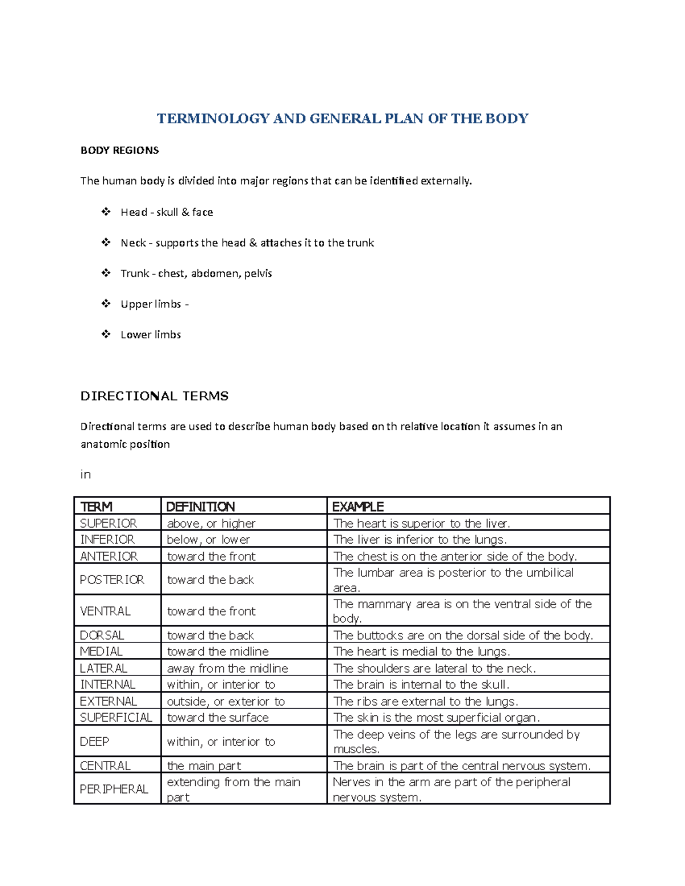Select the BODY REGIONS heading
tap(119, 151)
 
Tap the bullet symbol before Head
tap(106, 212)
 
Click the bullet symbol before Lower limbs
tap(106, 334)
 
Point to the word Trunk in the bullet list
tap(134, 273)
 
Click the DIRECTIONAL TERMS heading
tap(154, 396)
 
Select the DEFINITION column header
tap(200, 507)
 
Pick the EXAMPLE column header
tap(358, 507)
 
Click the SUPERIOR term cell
tap(108, 523)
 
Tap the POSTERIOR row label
tap(112, 580)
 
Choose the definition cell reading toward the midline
tap(217, 652)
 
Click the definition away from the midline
tap(227, 668)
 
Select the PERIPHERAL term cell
tap(114, 789)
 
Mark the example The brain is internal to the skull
tap(421, 685)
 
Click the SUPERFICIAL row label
tap(116, 718)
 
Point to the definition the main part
tap(204, 766)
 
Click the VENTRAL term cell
tap(105, 611)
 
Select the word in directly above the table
tap(86, 475)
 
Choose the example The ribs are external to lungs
tap(425, 701)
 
